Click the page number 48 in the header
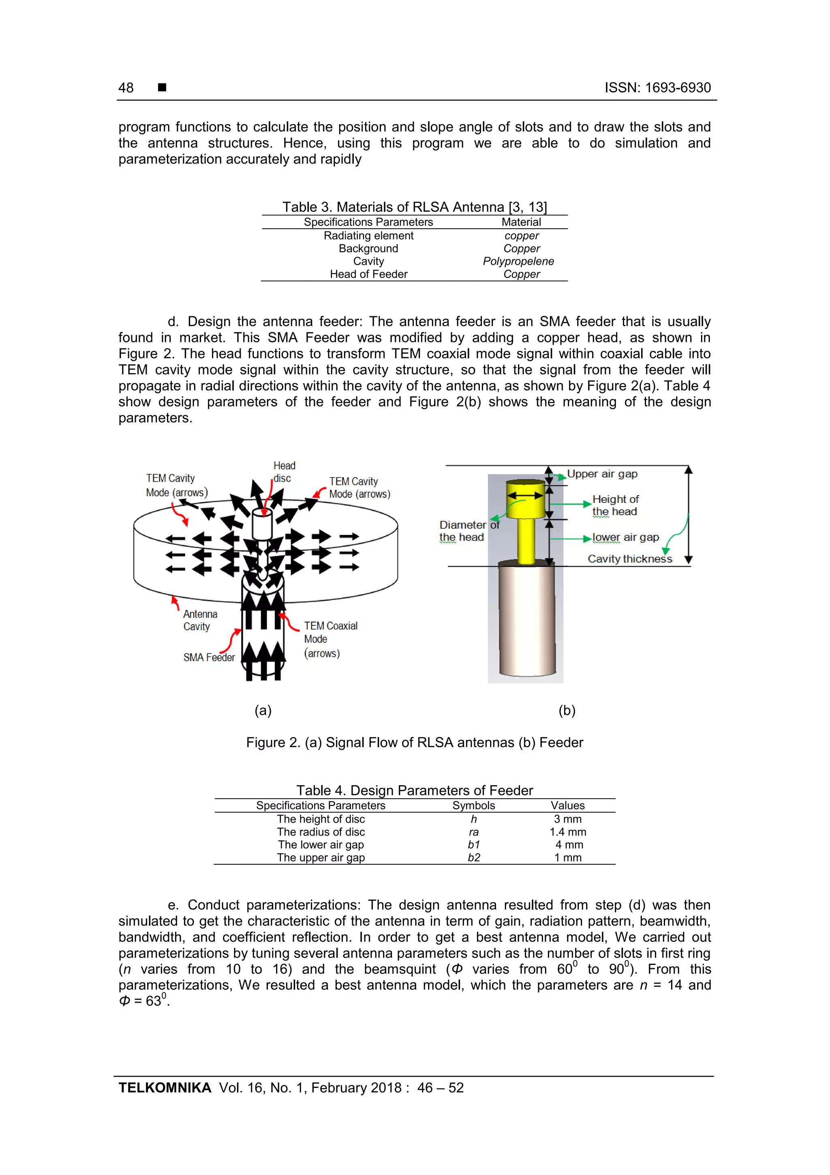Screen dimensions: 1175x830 [126, 88]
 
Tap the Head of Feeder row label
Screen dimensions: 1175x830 [368, 274]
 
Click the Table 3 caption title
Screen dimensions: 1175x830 [414, 207]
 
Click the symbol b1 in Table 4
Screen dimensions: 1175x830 [473, 844]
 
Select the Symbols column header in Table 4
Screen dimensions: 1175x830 [473, 805]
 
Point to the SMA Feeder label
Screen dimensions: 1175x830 [209, 657]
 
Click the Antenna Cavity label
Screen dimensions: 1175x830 [200, 620]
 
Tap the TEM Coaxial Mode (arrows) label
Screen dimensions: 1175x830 [330, 639]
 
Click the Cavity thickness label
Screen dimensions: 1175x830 [629, 559]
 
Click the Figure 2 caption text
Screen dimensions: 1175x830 [414, 742]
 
